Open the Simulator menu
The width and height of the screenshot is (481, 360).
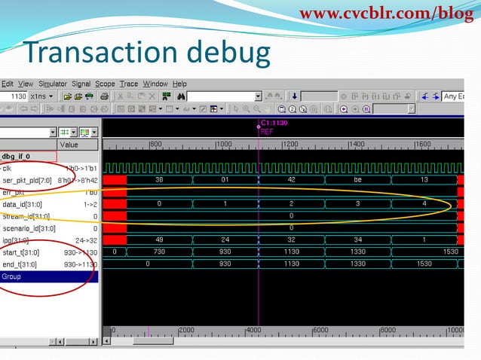click(52, 84)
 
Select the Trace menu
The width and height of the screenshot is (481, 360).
click(128, 84)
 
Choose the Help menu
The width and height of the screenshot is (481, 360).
click(179, 84)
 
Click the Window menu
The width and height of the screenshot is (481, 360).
click(155, 84)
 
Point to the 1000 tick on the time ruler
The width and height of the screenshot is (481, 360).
click(224, 144)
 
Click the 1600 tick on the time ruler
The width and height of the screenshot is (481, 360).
click(422, 144)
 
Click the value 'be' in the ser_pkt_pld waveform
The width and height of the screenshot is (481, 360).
click(357, 180)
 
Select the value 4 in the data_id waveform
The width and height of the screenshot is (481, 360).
click(424, 204)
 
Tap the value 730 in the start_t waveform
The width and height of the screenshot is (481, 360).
click(159, 252)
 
